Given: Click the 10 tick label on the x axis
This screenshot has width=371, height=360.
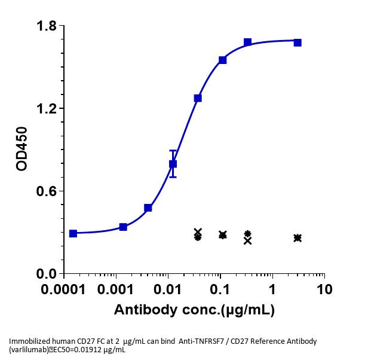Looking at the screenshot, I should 324,289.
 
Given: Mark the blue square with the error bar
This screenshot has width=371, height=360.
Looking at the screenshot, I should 173,164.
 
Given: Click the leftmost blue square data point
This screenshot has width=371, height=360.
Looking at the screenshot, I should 73,233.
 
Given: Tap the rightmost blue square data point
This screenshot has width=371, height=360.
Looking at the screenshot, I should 298,42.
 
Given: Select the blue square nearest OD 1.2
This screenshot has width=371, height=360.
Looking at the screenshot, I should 198,98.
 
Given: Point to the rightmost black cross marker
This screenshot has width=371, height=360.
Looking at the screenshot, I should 298,238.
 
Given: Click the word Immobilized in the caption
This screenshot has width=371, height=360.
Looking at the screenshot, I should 28,341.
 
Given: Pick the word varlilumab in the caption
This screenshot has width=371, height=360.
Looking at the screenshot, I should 29,350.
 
